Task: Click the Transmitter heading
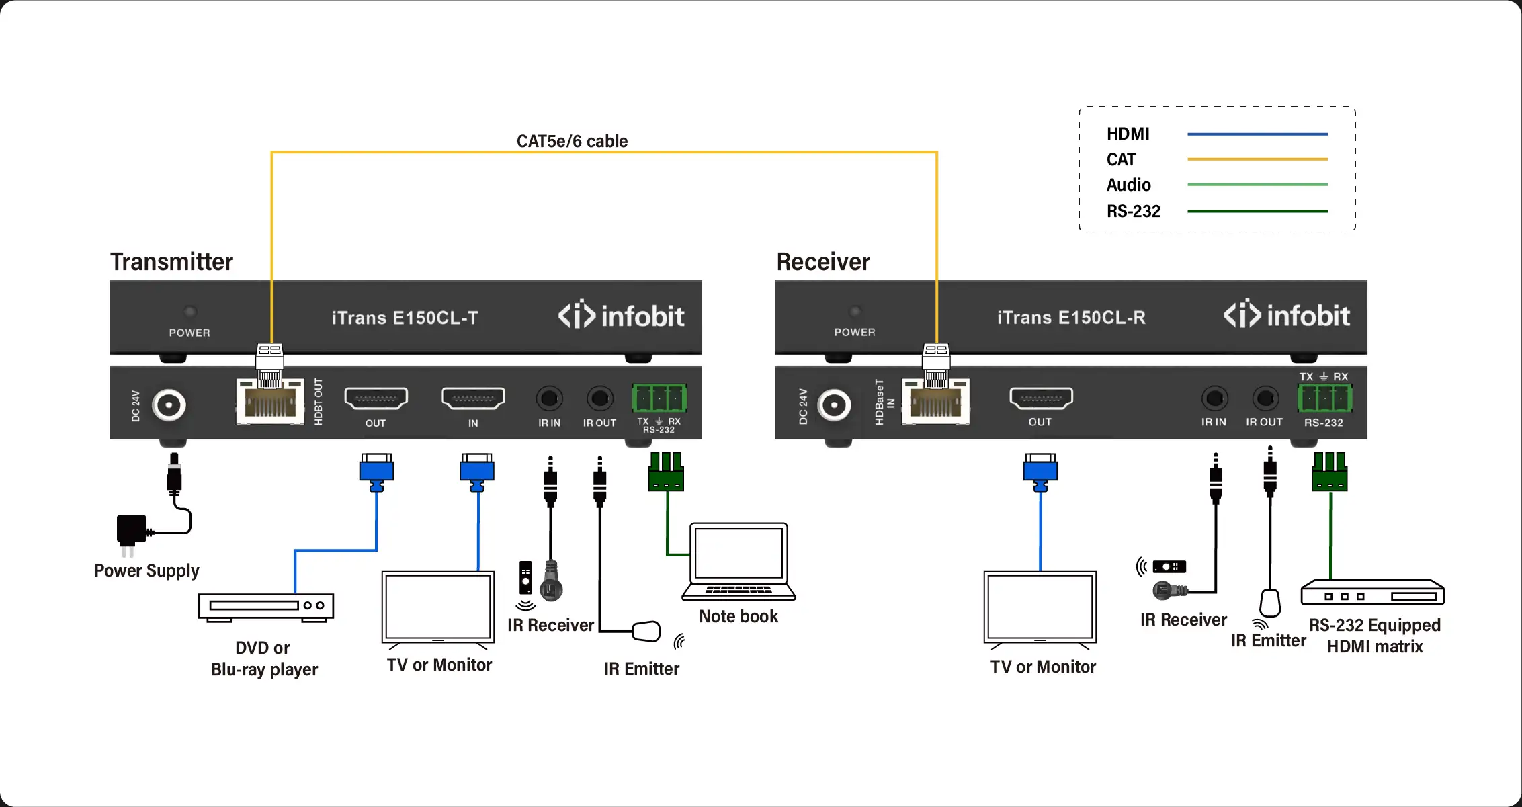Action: (x=171, y=262)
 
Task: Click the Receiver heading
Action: (x=822, y=262)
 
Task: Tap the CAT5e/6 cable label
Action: (x=572, y=141)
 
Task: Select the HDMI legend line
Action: (x=1257, y=134)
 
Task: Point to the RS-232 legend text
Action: (x=1133, y=212)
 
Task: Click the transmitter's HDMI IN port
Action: (x=473, y=398)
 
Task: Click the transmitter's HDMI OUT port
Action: (x=376, y=398)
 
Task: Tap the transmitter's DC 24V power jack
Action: (x=168, y=405)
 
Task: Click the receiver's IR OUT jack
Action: (x=1265, y=398)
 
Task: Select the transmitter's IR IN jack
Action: (x=549, y=398)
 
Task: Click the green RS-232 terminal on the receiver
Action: (x=1324, y=398)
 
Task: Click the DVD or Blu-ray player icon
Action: (x=266, y=607)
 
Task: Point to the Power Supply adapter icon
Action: (x=132, y=531)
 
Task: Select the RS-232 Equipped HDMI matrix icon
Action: (x=1372, y=593)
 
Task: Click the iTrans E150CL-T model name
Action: (x=405, y=318)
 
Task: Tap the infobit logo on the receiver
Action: (x=1286, y=315)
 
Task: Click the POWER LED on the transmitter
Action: (x=190, y=312)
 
